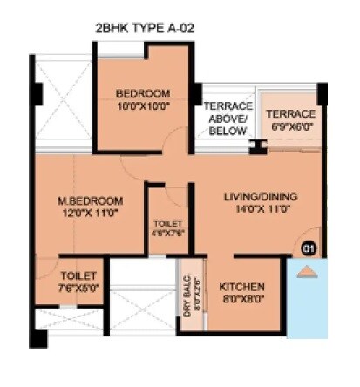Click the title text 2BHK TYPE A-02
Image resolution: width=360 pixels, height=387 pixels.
pyautogui.click(x=145, y=29)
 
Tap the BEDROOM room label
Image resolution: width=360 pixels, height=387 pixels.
pyautogui.click(x=143, y=93)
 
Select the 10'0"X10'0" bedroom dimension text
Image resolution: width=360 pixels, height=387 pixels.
pyautogui.click(x=143, y=106)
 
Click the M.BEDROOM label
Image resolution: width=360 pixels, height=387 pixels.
pyautogui.click(x=85, y=199)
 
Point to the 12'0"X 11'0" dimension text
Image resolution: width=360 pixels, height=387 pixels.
pyautogui.click(x=85, y=212)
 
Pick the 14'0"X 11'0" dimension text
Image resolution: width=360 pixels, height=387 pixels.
pyautogui.click(x=255, y=208)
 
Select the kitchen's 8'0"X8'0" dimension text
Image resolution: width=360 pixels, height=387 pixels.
pyautogui.click(x=241, y=299)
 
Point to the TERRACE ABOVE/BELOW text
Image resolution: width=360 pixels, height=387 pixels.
pyautogui.click(x=228, y=119)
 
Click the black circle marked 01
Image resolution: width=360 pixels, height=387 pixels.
pyautogui.click(x=308, y=248)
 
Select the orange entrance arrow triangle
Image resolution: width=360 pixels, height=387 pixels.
pyautogui.click(x=305, y=271)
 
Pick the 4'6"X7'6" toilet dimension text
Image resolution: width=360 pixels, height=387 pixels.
pyautogui.click(x=168, y=234)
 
